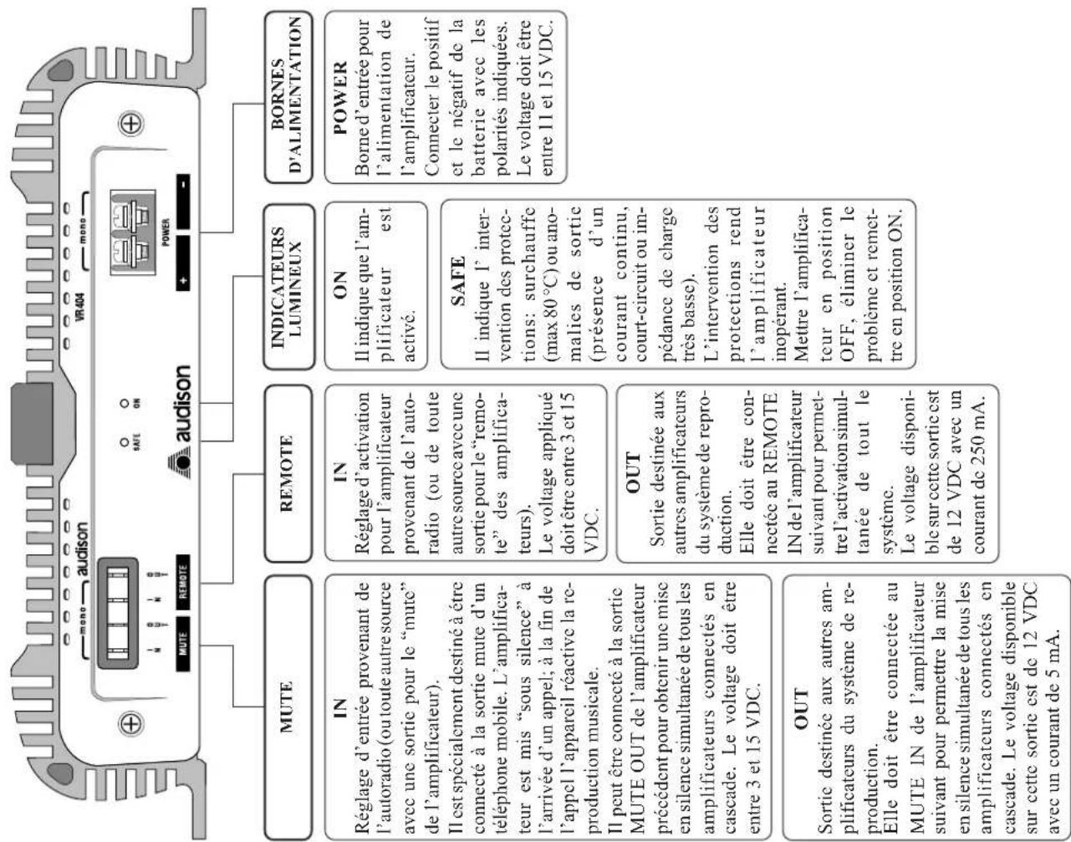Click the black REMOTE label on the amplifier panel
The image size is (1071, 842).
182,578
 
